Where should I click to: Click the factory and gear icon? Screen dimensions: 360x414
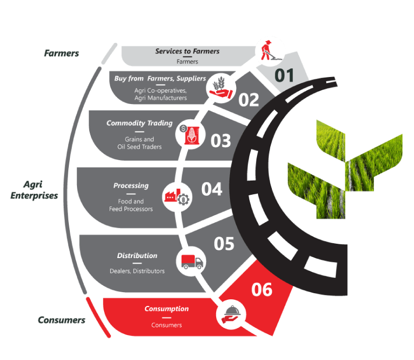click(x=177, y=195)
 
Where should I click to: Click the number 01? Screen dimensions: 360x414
click(x=285, y=75)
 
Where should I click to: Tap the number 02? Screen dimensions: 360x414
click(x=249, y=100)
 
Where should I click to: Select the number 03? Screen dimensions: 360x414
click(x=221, y=141)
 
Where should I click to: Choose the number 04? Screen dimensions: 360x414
click(x=212, y=189)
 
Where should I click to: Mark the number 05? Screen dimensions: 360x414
click(x=224, y=244)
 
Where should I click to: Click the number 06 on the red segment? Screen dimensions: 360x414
click(x=262, y=290)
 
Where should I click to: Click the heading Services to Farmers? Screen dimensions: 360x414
click(x=187, y=52)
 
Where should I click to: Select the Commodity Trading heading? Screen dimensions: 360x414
click(x=139, y=123)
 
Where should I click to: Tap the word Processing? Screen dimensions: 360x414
click(x=131, y=186)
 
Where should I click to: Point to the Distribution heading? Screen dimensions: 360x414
click(x=137, y=255)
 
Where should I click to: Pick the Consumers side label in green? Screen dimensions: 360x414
click(x=61, y=320)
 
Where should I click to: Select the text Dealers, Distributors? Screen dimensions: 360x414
click(x=137, y=271)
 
